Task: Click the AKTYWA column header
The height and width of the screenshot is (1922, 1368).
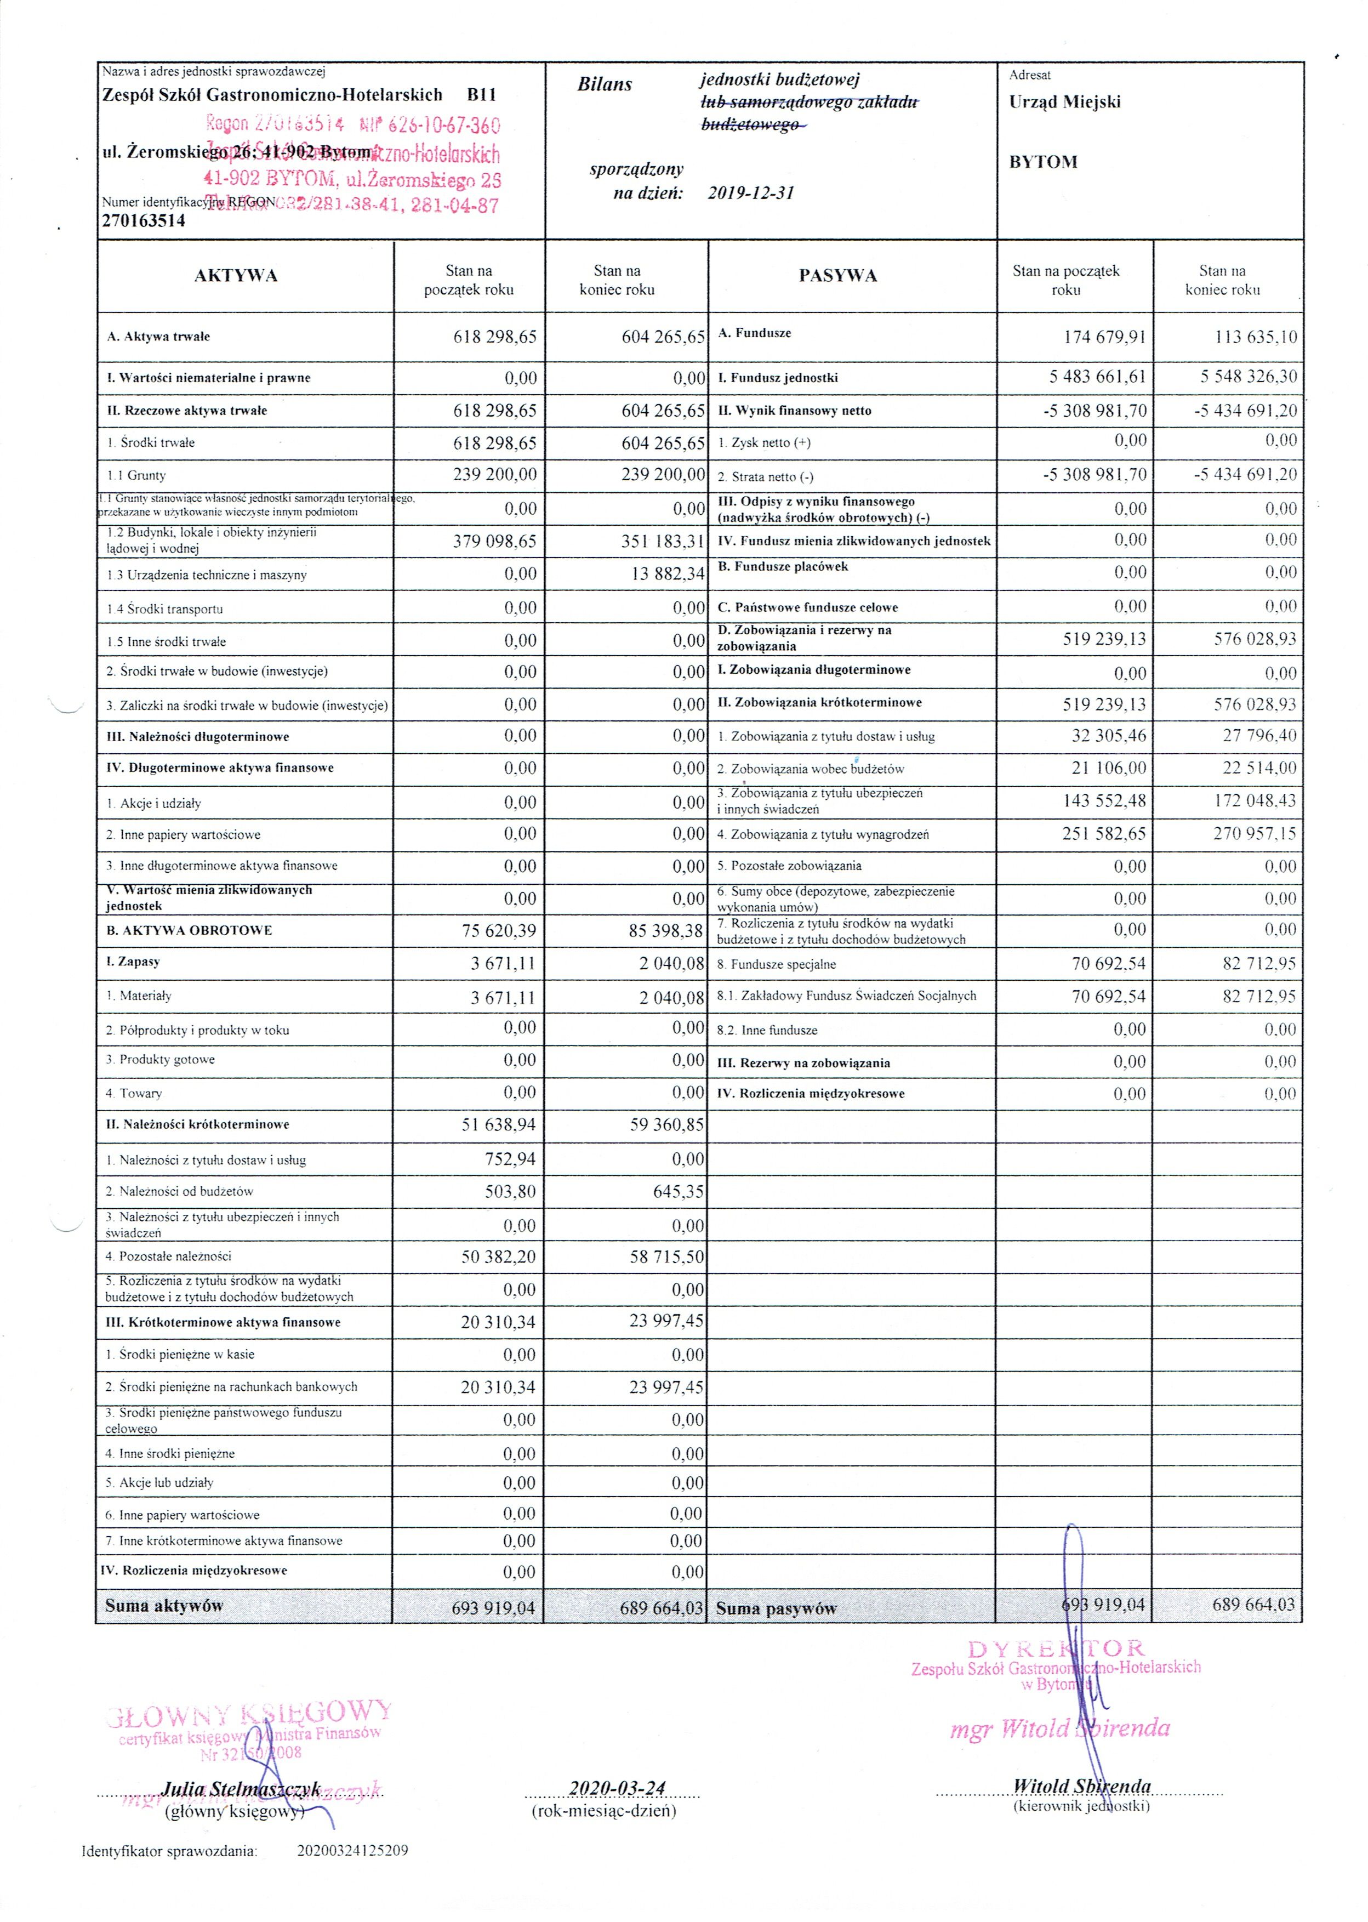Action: pos(236,276)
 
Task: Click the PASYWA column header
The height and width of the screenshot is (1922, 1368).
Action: pos(838,276)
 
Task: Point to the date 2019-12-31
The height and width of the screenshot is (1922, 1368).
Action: pos(750,193)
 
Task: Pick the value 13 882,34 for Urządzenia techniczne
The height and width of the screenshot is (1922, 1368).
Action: pos(663,575)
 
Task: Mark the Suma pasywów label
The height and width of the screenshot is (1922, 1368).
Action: pos(776,1608)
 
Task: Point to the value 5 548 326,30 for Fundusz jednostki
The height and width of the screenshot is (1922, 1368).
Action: pos(1249,377)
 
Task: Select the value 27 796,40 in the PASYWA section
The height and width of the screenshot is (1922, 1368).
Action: pos(1259,736)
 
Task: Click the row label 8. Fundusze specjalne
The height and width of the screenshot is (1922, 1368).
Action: pos(777,964)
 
